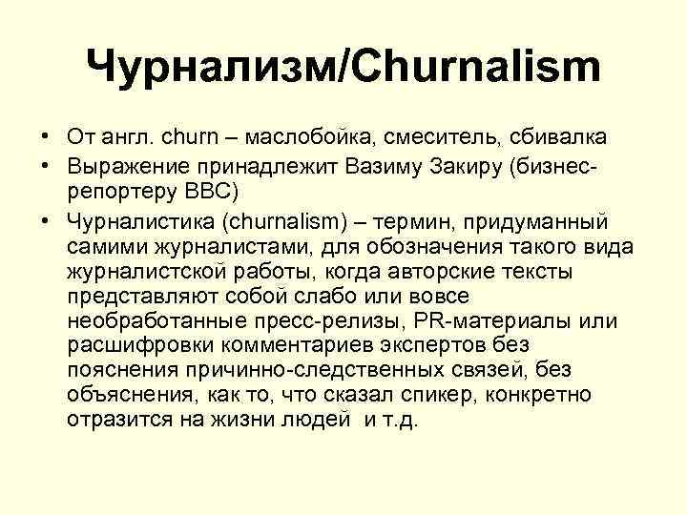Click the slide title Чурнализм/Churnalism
[x=343, y=69]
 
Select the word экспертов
[x=448, y=345]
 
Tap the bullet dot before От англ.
[x=46, y=141]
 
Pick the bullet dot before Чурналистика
[x=46, y=222]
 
